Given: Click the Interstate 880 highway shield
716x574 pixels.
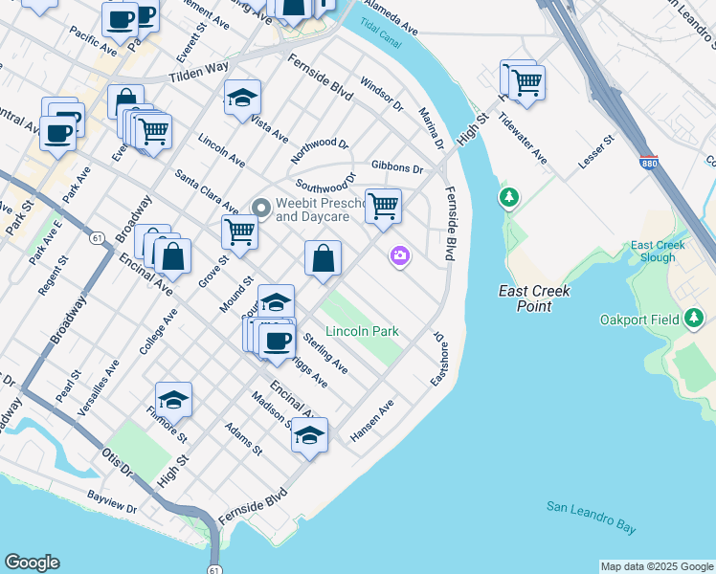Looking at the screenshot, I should point(650,164).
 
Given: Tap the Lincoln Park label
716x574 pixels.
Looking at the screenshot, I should point(362,331).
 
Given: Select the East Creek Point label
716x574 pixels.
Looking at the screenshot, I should point(535,298).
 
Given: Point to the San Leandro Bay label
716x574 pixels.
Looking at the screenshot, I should point(592,516).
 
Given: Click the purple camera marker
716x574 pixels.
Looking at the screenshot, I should point(399,255).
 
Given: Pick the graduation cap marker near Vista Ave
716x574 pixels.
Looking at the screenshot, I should point(243,98).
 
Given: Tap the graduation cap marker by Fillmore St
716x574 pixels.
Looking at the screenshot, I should point(174,399).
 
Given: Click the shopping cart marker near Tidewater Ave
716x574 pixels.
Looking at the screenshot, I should point(526,83).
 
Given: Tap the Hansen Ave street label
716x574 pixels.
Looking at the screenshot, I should point(372,421).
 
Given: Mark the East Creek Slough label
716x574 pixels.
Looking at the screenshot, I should point(658,252).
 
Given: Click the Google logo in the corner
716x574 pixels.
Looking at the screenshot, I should point(32,563).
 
